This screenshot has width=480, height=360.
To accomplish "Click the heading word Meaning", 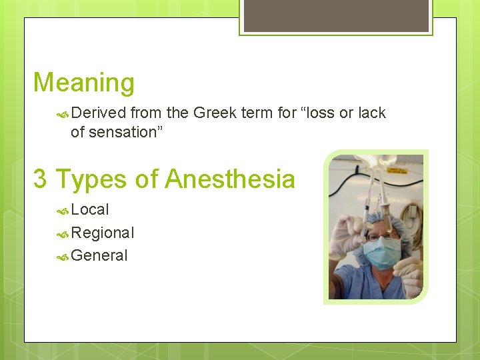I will [84, 83].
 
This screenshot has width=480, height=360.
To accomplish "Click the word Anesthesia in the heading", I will [230, 179].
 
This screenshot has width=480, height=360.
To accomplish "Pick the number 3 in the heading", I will [41, 179].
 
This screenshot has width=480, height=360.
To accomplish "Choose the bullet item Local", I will [90, 209].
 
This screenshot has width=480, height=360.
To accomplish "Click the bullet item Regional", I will [103, 233].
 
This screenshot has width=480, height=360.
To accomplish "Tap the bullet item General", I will [99, 255].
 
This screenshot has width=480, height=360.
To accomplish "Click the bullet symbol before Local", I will [63, 210].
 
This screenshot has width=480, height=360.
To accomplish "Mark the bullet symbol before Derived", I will [63, 113].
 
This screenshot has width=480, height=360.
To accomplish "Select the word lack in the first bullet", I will [371, 113].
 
